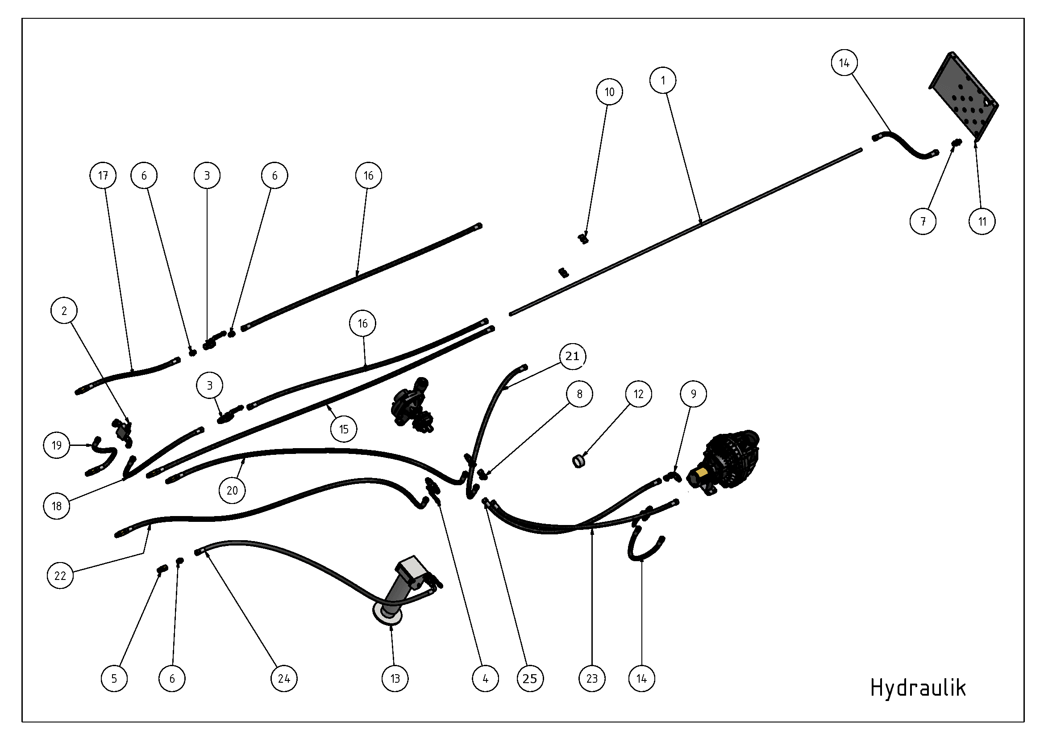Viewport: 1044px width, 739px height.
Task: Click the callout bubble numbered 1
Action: coord(663,80)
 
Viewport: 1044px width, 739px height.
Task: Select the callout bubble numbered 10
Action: coord(609,92)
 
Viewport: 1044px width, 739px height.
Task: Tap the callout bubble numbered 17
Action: coord(103,175)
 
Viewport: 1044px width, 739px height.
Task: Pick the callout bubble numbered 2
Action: coord(64,311)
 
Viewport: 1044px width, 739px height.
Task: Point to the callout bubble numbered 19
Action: coord(57,445)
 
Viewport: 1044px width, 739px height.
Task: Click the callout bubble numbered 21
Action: coord(573,356)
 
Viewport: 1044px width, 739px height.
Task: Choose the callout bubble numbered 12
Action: coord(638,394)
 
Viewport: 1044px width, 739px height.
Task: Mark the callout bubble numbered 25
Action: coord(530,679)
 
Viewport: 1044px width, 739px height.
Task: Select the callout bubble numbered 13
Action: coord(395,679)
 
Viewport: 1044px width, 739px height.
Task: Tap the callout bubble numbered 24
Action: coord(284,679)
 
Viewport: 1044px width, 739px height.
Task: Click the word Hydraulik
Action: coord(918,688)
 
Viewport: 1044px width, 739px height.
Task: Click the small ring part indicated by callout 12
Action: coord(578,461)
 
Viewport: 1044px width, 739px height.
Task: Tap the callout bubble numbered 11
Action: coord(982,222)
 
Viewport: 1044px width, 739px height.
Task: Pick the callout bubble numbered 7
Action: coord(923,222)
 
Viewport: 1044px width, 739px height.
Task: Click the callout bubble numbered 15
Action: coord(344,428)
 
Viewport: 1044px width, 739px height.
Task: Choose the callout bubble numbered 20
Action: coord(232,491)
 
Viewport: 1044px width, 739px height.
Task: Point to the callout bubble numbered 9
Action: coord(694,394)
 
